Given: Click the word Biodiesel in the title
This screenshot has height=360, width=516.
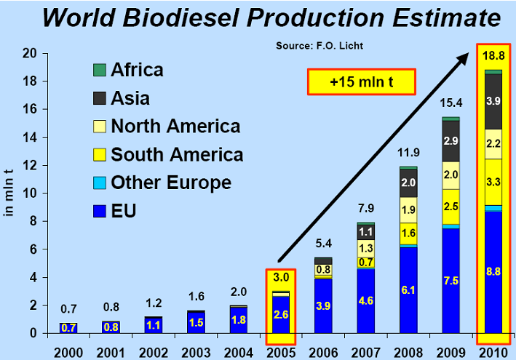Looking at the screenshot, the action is point(180,17).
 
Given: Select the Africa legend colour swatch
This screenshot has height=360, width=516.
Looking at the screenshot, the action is point(100,70).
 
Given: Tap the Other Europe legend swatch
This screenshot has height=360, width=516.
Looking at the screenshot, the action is point(100,183).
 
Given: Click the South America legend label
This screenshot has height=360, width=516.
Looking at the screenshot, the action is point(177,154).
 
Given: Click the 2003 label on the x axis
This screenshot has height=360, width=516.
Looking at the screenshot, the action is point(196,353).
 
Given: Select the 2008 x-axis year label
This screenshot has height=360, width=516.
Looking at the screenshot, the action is point(408,353).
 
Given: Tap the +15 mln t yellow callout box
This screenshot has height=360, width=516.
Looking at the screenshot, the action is point(361,82).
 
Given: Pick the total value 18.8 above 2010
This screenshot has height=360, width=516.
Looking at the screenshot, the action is point(493,56).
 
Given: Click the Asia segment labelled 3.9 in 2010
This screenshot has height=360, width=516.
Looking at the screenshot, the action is point(493,102).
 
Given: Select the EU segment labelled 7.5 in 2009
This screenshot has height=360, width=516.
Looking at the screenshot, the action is point(450,281).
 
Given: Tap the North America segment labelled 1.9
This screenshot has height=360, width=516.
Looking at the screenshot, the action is point(408,209).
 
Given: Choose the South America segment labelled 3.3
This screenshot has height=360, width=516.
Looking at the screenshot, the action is point(493,182).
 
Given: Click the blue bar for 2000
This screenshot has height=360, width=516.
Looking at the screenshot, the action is point(68,328).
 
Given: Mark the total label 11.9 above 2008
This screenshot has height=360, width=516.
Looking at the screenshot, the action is point(408,153).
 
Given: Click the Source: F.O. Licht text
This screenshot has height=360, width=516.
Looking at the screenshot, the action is point(319,46).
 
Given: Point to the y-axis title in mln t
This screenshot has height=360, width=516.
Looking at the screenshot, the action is point(9,193).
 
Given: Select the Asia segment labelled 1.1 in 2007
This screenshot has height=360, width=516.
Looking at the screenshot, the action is point(366,232).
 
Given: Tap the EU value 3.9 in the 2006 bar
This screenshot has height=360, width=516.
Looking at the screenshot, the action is point(323,306).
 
